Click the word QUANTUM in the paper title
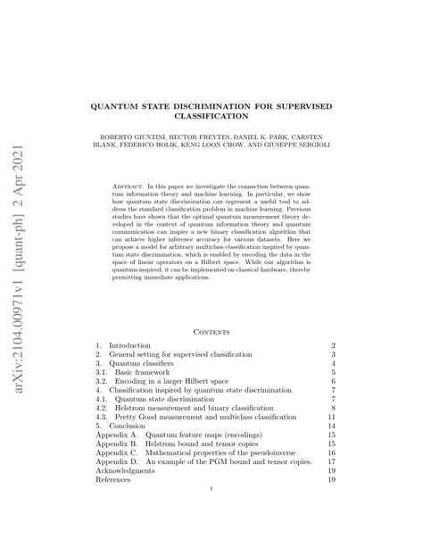click(x=145, y=105)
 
